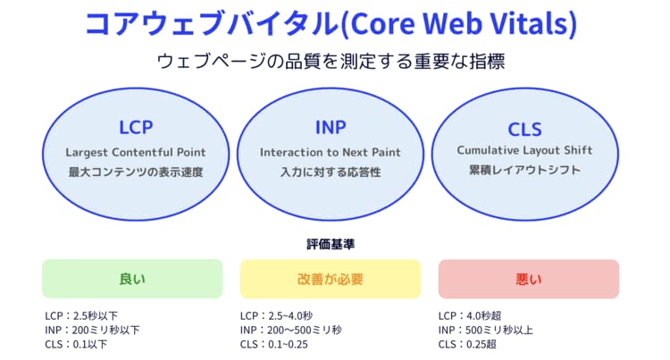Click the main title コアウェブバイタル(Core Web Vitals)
[x=331, y=23]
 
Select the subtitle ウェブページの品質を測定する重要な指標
[x=331, y=61]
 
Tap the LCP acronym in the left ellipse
[x=136, y=127]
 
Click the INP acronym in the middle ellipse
[x=331, y=127]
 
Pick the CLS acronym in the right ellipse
[x=524, y=130]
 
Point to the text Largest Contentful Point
[x=136, y=153]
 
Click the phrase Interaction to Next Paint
[x=331, y=153]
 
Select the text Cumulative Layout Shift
[x=524, y=150]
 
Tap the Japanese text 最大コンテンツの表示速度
[x=136, y=172]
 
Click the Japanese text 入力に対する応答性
[x=331, y=172]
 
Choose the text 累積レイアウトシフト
[x=524, y=170]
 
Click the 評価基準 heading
[x=331, y=244]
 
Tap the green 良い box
[x=132, y=279]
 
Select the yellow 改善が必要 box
[x=331, y=279]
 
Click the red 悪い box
[x=529, y=279]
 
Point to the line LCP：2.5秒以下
[x=81, y=316]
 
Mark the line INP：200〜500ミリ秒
[x=291, y=331]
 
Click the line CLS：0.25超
[x=467, y=344]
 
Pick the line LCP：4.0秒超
[x=470, y=316]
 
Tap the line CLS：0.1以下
[x=76, y=344]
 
